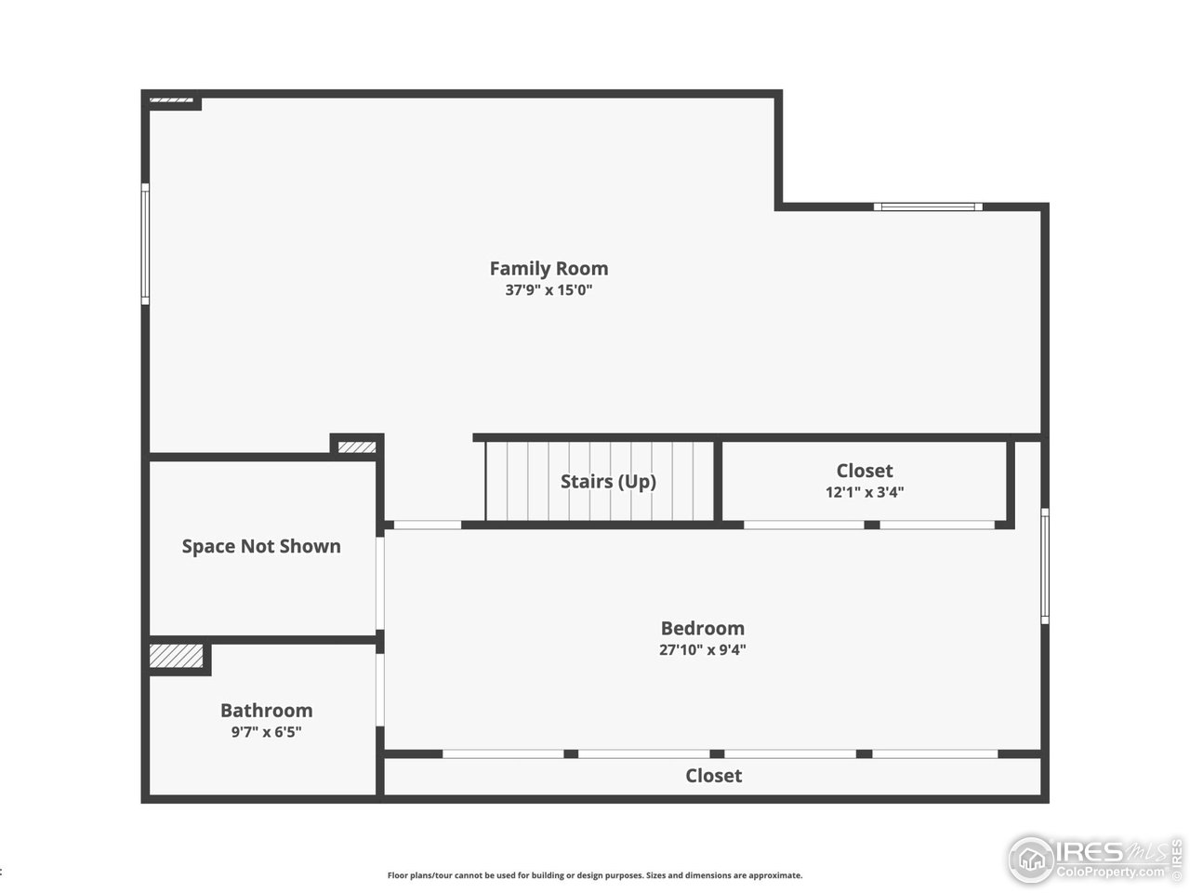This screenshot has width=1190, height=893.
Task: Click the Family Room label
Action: coord(549,269)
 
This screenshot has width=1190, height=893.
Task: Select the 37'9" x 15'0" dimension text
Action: coord(549,290)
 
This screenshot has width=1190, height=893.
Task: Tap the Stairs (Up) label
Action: coord(608,482)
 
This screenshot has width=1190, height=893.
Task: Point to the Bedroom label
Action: coord(702,629)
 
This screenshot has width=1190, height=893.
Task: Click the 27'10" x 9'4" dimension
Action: coord(702,650)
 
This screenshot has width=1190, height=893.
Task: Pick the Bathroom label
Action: coord(266,711)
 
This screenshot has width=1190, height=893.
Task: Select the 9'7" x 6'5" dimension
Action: coord(266,732)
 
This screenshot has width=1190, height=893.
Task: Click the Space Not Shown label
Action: coord(261,547)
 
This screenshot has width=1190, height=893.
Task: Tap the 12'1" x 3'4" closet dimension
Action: coord(864,493)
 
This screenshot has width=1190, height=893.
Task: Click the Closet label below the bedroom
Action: coord(713,776)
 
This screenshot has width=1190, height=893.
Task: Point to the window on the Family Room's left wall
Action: coord(145,244)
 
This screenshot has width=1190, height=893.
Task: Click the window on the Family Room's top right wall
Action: coord(927,207)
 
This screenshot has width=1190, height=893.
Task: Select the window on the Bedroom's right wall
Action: coord(1045,566)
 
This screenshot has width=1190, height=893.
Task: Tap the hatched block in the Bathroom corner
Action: coord(177,656)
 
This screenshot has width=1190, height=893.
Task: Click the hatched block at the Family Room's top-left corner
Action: coord(171,99)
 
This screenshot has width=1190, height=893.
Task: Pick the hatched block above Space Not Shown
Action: coord(357,447)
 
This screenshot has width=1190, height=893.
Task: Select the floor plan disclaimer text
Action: coord(595,875)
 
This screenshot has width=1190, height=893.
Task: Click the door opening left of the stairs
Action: coord(423,526)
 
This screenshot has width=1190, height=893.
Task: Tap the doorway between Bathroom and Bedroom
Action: coord(379,689)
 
